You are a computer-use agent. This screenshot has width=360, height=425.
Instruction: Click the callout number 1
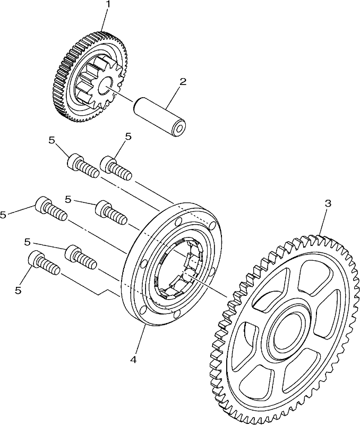108,4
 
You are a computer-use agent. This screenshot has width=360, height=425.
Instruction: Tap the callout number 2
183,82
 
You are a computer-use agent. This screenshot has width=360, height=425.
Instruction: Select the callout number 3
328,203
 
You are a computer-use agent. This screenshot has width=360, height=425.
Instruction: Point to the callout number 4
133,360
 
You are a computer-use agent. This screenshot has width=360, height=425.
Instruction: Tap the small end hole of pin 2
179,130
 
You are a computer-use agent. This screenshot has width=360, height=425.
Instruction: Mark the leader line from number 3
323,222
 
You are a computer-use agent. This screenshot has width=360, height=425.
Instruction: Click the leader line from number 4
139,339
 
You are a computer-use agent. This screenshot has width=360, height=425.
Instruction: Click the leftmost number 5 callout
3,215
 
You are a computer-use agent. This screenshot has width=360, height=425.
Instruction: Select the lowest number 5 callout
18,290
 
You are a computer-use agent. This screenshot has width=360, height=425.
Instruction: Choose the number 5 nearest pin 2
128,137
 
